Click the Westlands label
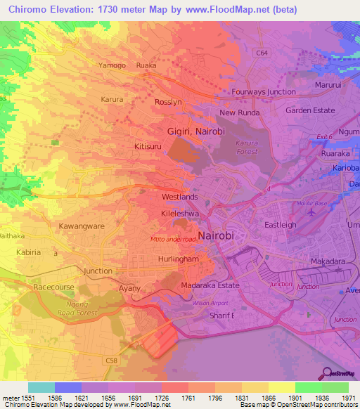point(179,197)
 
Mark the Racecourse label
point(53,287)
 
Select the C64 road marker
point(262,53)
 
